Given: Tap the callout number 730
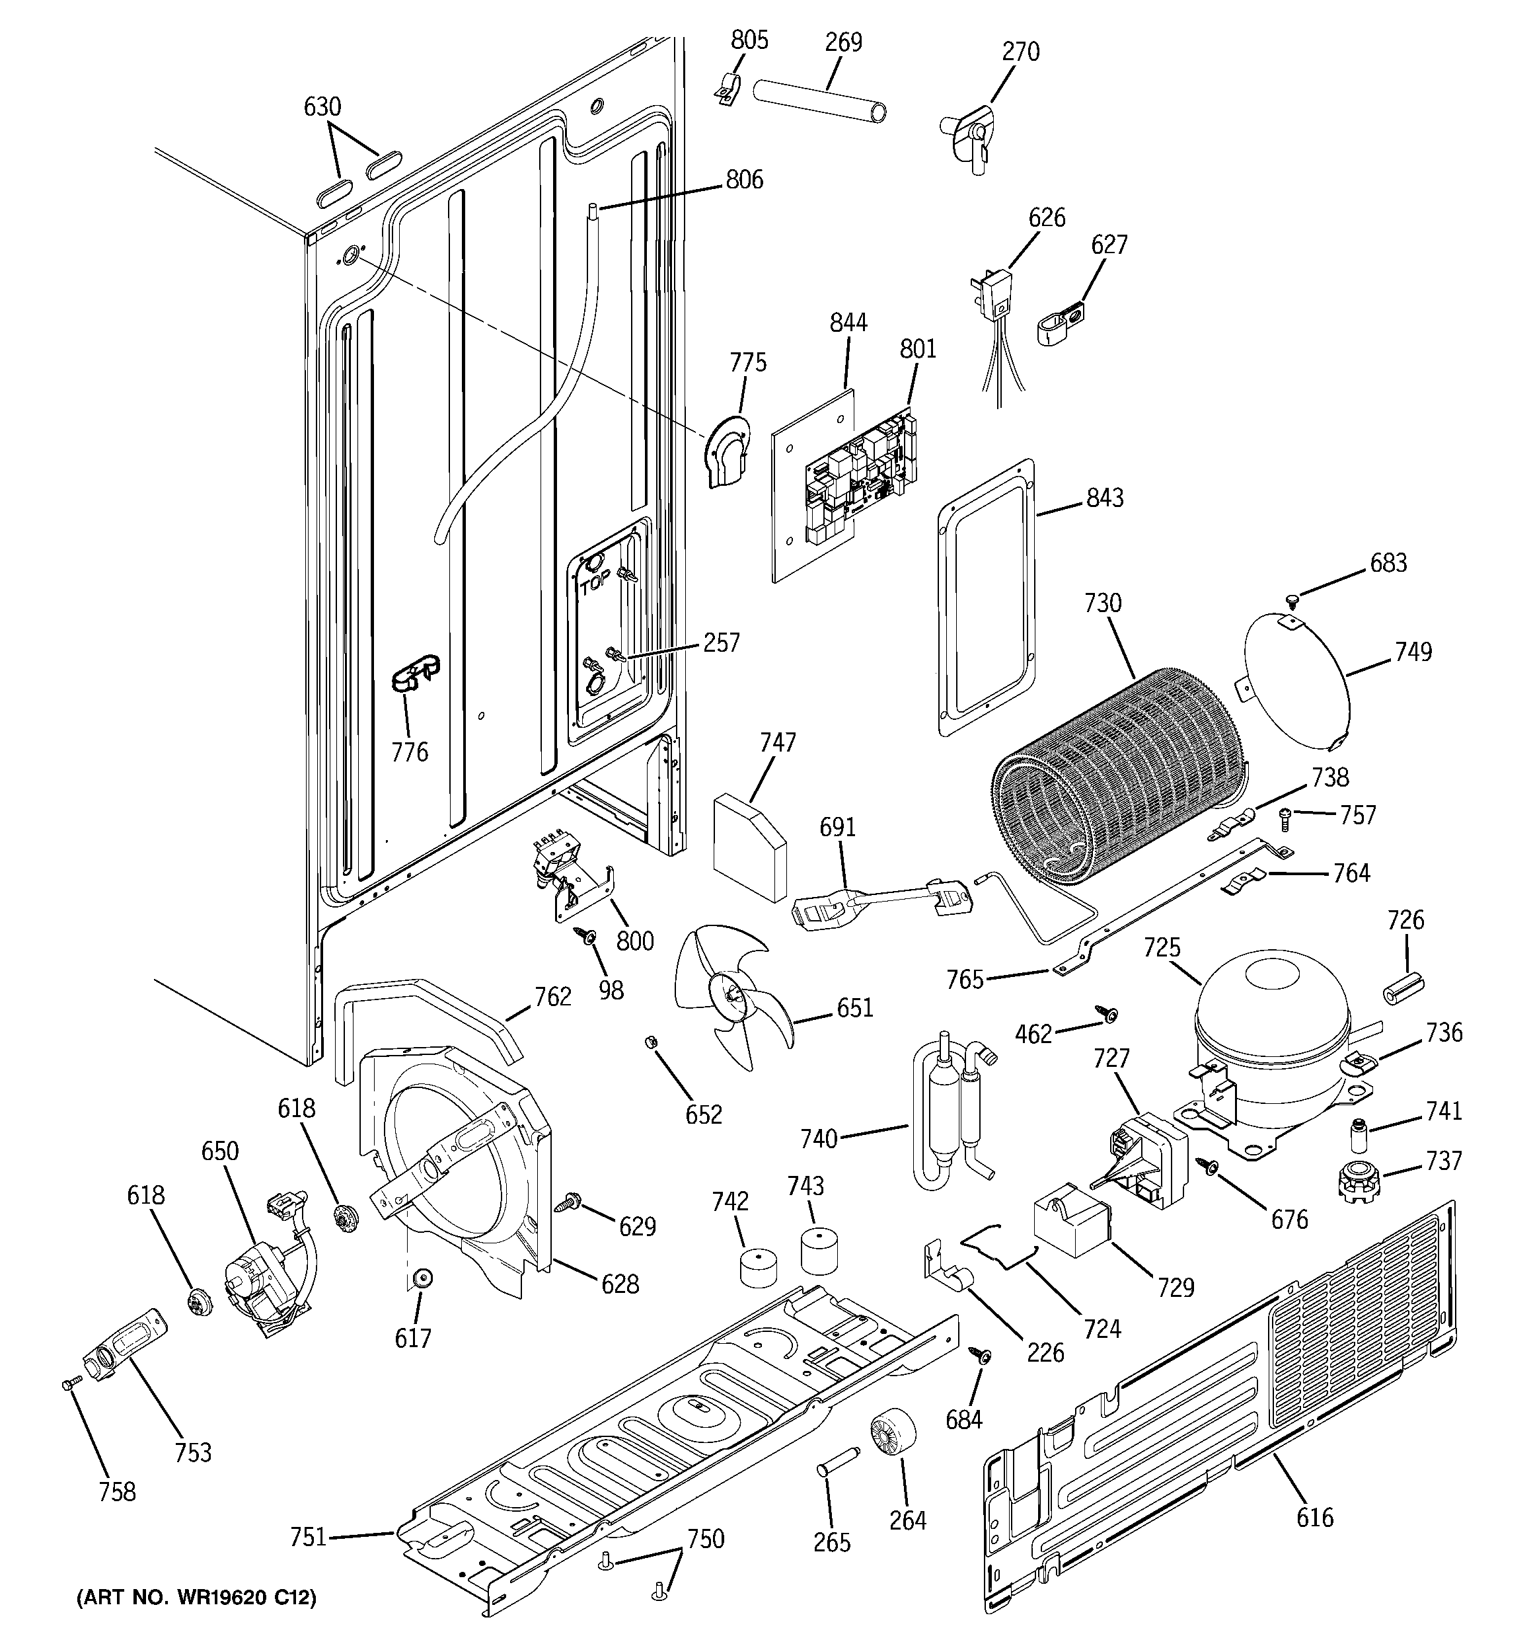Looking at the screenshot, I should (x=1103, y=604).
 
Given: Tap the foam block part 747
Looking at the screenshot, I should (x=749, y=846).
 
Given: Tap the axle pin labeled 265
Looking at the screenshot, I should (x=838, y=1473).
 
